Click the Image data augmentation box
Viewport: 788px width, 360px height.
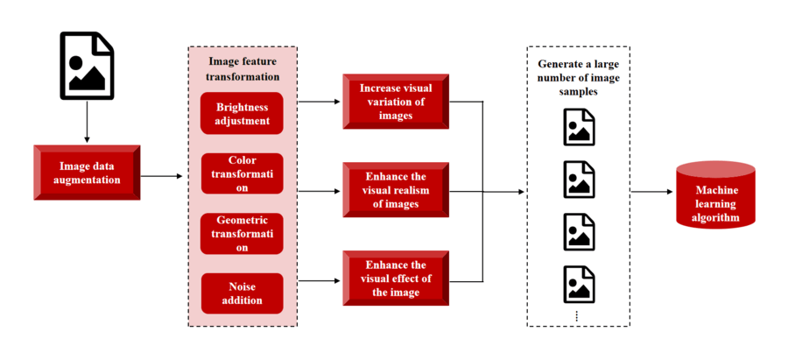click(x=87, y=173)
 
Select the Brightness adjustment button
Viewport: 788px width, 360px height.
click(x=242, y=113)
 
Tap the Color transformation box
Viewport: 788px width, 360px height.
click(x=242, y=173)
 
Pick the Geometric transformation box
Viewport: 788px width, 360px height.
click(x=242, y=234)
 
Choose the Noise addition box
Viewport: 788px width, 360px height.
click(x=242, y=293)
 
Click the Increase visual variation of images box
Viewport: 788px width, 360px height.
click(x=396, y=102)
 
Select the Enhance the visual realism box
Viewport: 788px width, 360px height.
click(x=396, y=190)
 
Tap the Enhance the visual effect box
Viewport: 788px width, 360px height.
click(x=396, y=278)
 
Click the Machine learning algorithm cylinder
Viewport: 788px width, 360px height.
click(x=715, y=194)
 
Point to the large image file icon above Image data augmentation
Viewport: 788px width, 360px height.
click(x=87, y=66)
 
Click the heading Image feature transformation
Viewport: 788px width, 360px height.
click(x=243, y=69)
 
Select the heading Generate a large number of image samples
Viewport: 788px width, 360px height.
click(x=579, y=79)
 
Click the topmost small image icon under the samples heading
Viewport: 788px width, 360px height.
click(x=579, y=127)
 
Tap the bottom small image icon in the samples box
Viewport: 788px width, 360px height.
click(x=579, y=285)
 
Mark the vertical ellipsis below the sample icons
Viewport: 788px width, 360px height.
click(x=576, y=315)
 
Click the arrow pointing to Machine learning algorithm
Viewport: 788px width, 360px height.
click(x=651, y=192)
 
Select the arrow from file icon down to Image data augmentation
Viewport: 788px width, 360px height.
click(x=87, y=122)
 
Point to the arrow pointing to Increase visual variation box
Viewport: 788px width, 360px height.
click(x=319, y=102)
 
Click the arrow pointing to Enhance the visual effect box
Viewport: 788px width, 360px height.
click(x=319, y=280)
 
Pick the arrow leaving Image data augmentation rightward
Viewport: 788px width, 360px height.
click(x=162, y=176)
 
